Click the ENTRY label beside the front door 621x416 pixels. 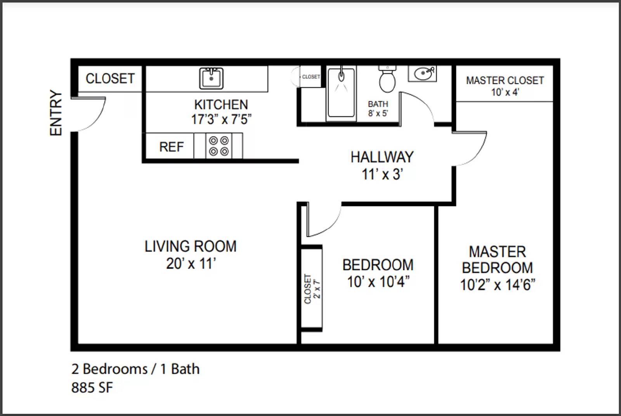coord(56,113)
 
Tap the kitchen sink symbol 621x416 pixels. coord(211,79)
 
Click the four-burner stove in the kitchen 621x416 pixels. coord(219,146)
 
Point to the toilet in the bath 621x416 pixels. coord(387,79)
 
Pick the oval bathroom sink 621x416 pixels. coord(423,73)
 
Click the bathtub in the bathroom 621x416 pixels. coord(341,93)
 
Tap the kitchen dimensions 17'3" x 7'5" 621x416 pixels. coord(221,119)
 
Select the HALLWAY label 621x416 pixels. coord(382,157)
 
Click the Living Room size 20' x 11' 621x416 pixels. coord(191,264)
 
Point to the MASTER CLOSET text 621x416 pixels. coord(505,80)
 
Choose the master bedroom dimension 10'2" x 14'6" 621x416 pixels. coord(498,285)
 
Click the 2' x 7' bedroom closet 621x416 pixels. coord(312,288)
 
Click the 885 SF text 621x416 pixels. coord(92,388)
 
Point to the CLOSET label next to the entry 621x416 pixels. coord(110,79)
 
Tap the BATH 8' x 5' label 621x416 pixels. coord(378,108)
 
